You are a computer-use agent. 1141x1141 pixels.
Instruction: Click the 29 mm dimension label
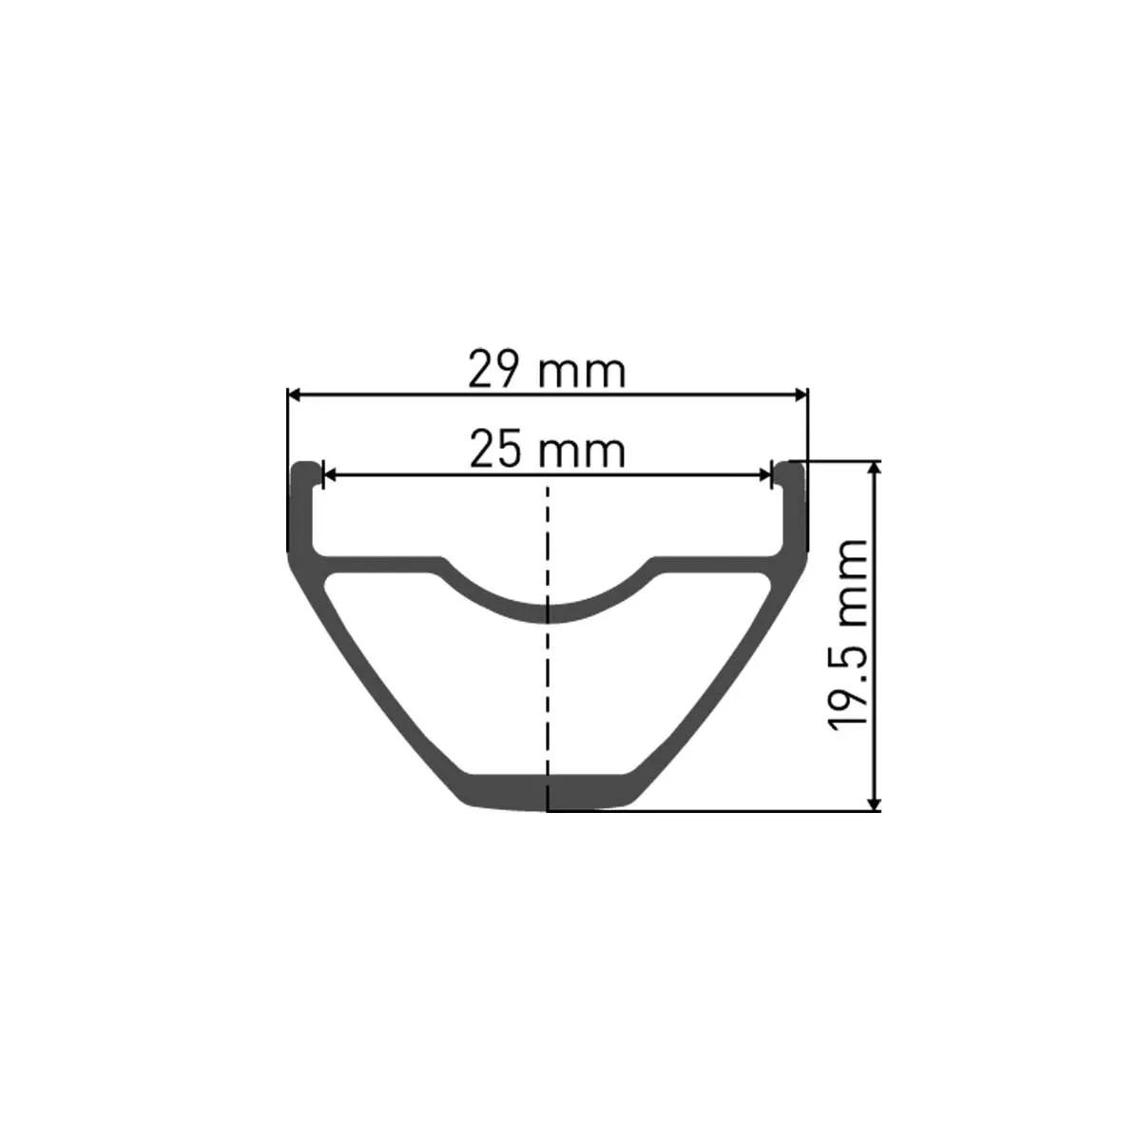pos(548,370)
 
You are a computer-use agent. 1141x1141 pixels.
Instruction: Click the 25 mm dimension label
pos(548,449)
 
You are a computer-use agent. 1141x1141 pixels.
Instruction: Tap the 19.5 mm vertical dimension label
pos(848,634)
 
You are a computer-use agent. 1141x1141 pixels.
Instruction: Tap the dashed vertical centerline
pos(548,685)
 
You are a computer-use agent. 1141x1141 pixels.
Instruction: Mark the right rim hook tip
pos(790,469)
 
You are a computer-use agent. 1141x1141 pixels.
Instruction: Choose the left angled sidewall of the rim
pos(380,685)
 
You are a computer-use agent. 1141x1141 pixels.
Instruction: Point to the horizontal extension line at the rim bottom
pos(713,811)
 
